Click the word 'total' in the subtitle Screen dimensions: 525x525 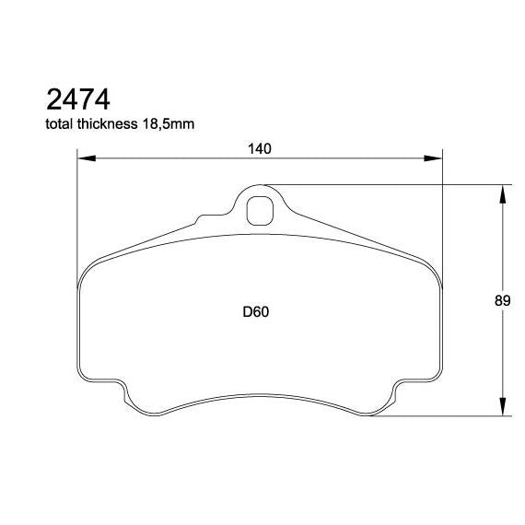[x=60, y=122]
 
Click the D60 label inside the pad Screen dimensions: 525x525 [x=255, y=312]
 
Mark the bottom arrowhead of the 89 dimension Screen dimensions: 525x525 [x=502, y=408]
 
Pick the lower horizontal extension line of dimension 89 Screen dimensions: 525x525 [x=442, y=416]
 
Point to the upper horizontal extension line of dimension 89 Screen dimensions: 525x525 [x=387, y=183]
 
